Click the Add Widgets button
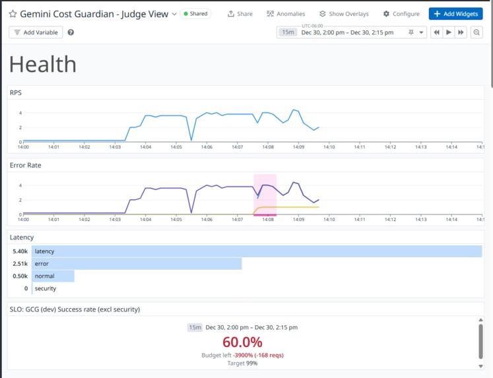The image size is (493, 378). [455, 14]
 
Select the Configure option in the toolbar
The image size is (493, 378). [401, 14]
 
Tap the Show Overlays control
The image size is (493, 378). [343, 14]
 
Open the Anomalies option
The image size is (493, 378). [285, 14]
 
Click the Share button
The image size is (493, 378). [240, 14]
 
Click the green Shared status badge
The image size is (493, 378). [195, 14]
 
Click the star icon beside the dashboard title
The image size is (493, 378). [13, 14]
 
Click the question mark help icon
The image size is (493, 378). [71, 32]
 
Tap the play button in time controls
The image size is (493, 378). [449, 32]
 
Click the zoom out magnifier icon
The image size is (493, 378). [477, 32]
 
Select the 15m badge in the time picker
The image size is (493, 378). [288, 32]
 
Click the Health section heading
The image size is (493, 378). [43, 64]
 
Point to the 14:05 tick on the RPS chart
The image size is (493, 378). [176, 146]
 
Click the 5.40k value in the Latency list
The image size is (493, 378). [20, 251]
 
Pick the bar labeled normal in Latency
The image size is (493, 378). [53, 276]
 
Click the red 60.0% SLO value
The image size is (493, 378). [242, 342]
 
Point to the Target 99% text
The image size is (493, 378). [242, 363]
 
